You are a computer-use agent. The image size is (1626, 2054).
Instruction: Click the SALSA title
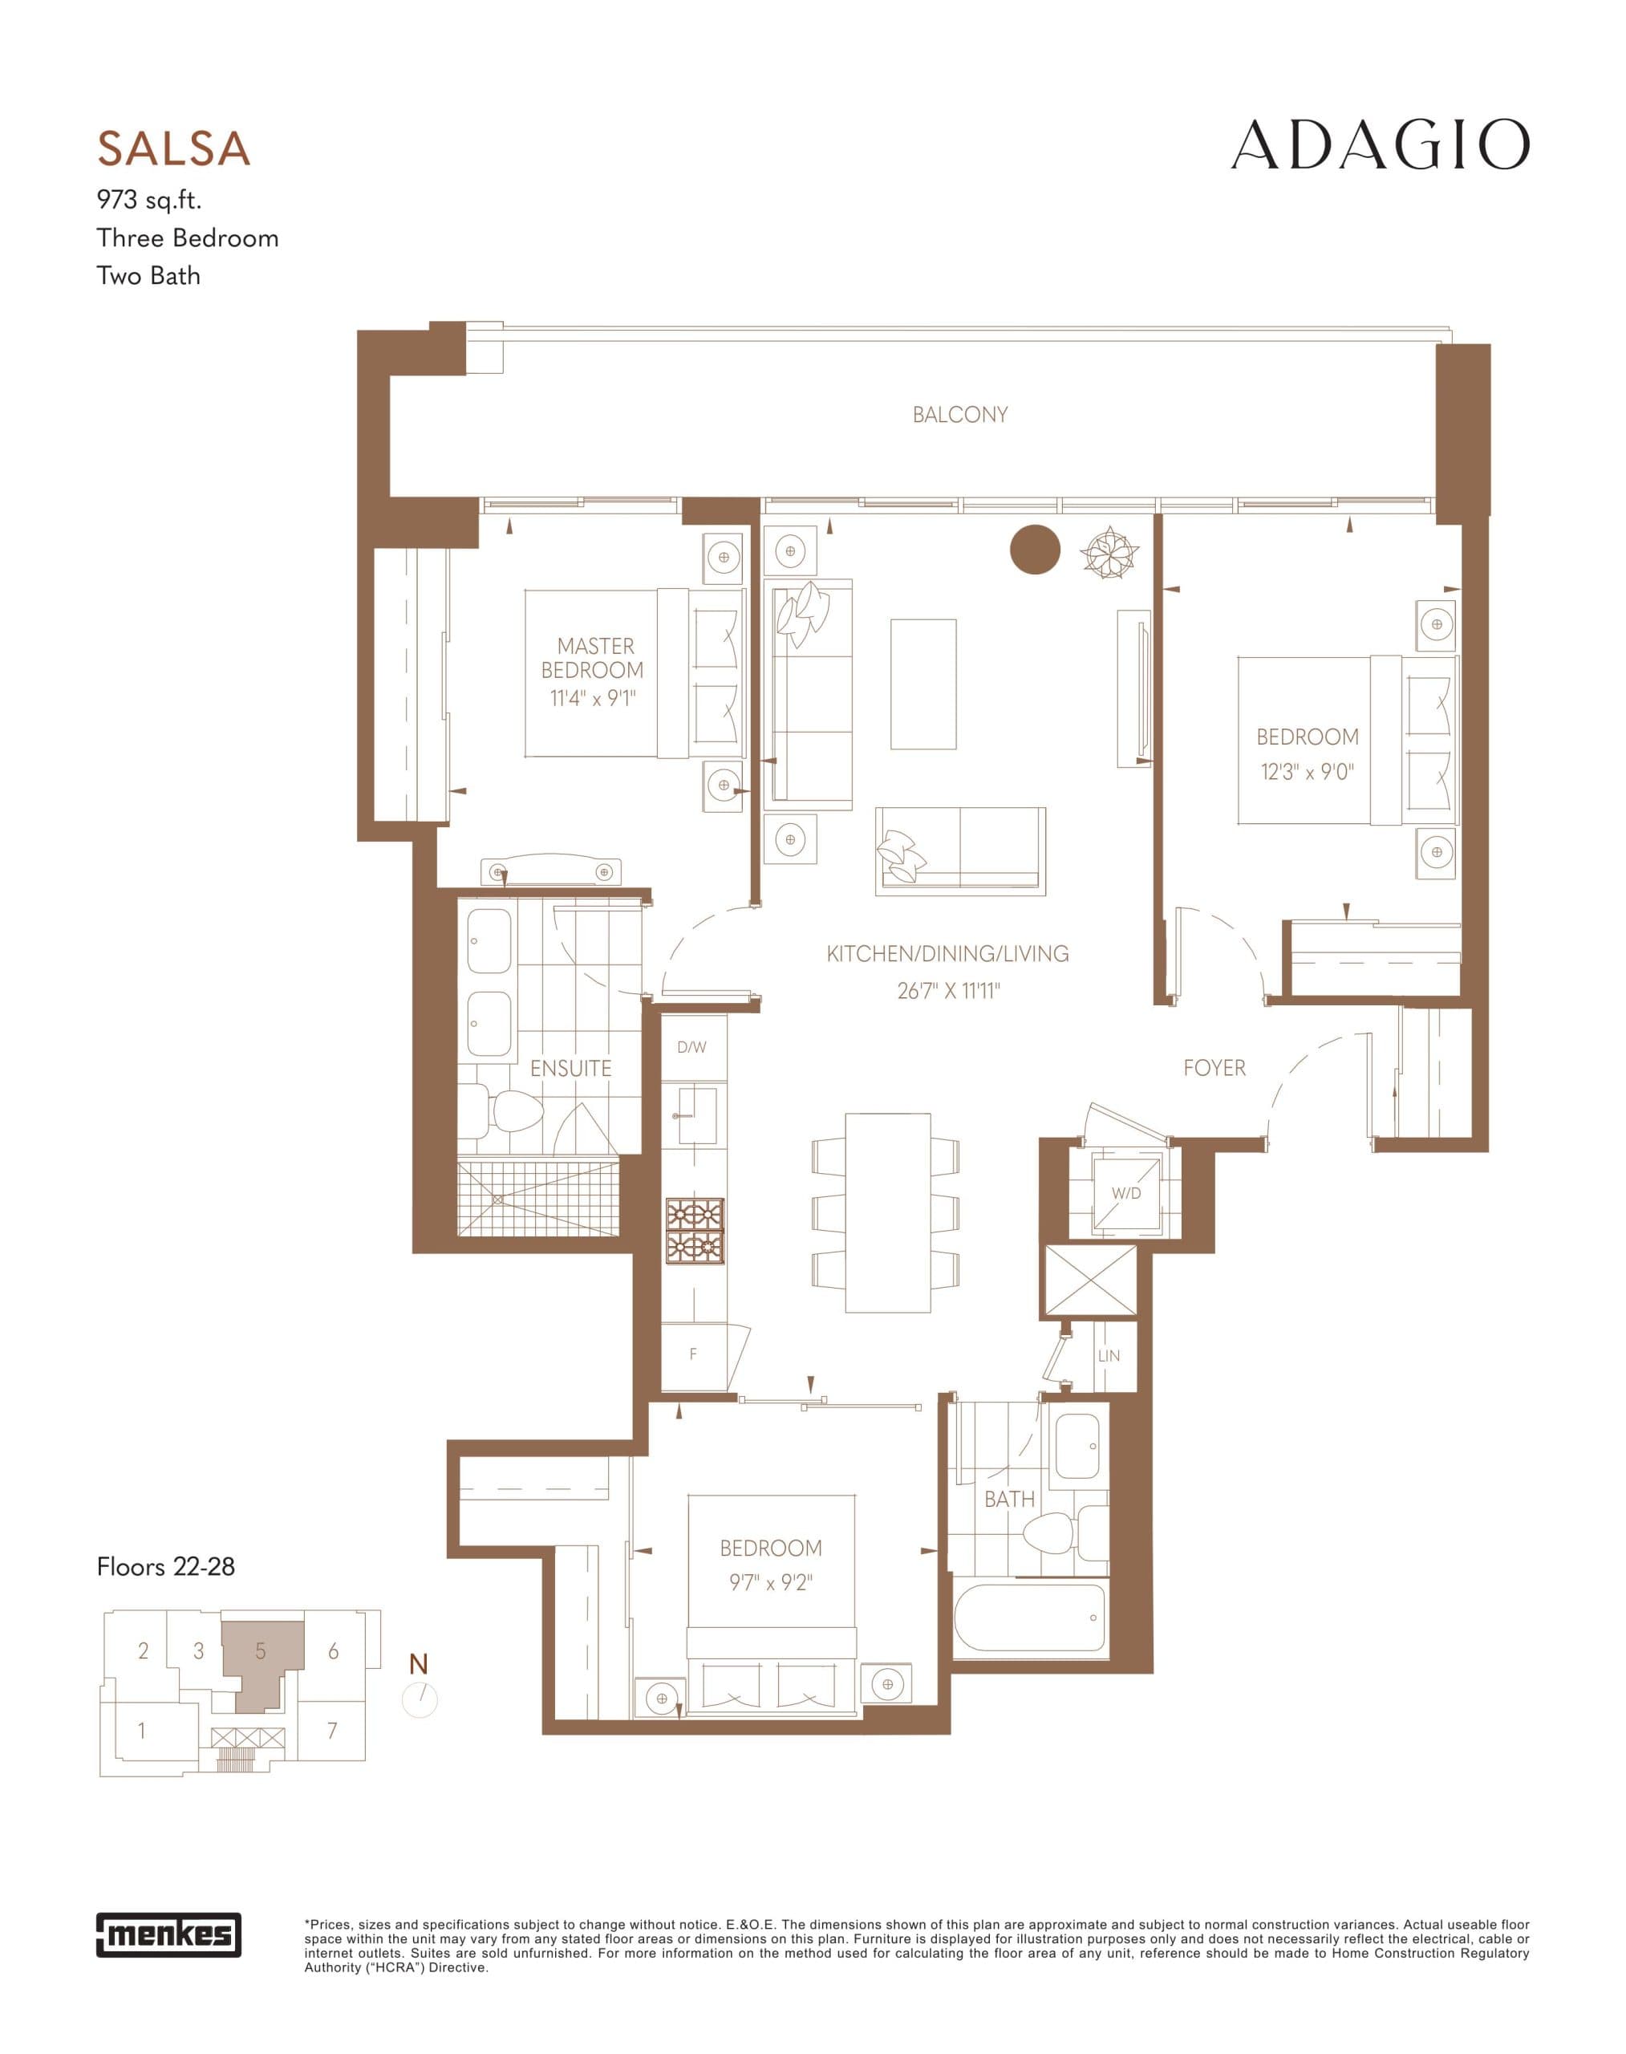click(x=173, y=149)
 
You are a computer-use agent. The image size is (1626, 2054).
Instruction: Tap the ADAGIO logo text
click(x=1380, y=147)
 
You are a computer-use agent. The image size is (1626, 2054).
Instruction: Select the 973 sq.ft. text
click(x=148, y=200)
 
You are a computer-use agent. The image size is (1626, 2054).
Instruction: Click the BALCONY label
click(x=959, y=415)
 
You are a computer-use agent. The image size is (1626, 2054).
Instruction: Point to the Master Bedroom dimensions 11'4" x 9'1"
click(x=592, y=699)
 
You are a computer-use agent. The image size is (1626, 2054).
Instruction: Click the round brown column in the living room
click(x=1035, y=550)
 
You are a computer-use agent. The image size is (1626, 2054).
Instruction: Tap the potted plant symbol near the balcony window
click(x=1109, y=552)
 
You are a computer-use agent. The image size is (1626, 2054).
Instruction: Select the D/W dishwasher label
click(x=692, y=1048)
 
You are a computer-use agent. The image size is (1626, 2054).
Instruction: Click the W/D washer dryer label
click(x=1126, y=1193)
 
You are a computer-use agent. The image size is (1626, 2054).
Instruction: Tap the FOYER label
click(x=1214, y=1069)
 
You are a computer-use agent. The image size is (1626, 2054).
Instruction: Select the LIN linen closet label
click(x=1108, y=1356)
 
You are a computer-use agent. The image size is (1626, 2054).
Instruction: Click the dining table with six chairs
click(x=887, y=1212)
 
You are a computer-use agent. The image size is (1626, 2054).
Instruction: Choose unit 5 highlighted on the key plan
click(x=260, y=1651)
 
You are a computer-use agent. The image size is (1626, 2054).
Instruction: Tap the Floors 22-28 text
click(x=165, y=1566)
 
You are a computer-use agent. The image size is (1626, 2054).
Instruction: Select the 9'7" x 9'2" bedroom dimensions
click(x=770, y=1583)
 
